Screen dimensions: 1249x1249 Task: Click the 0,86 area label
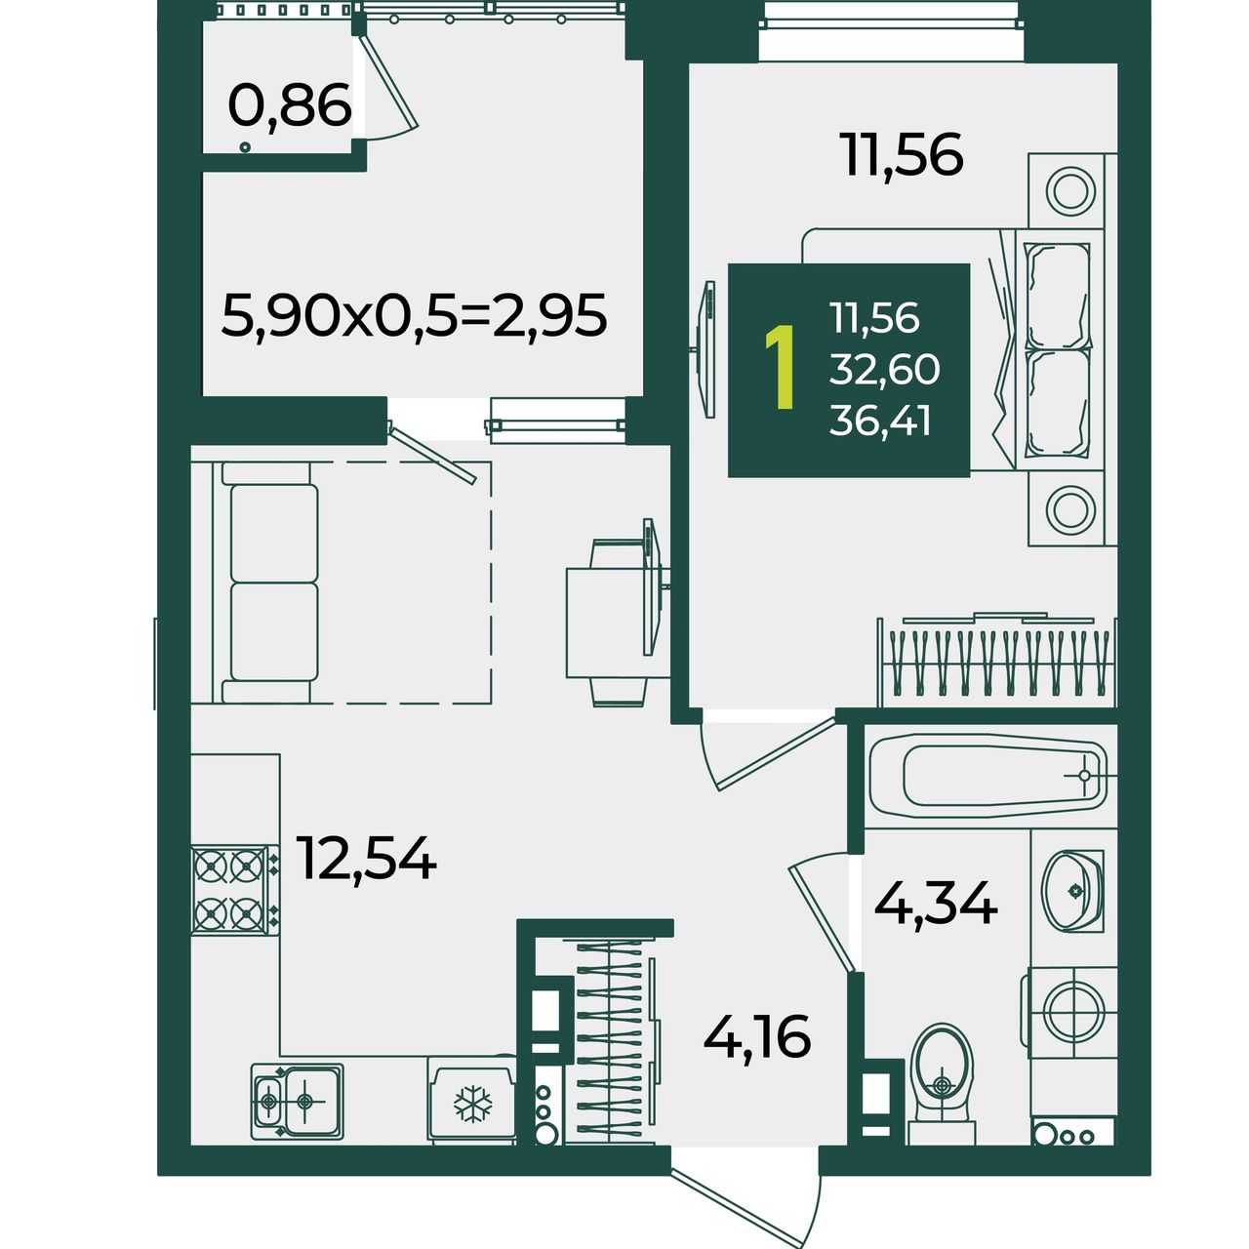[x=290, y=105]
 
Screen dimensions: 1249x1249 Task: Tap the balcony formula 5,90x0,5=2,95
[x=414, y=315]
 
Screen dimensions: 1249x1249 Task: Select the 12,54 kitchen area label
[x=366, y=858]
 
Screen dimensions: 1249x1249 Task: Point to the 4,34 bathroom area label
[x=936, y=903]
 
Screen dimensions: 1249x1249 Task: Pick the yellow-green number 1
[x=781, y=368]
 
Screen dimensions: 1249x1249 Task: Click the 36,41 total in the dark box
[x=879, y=422]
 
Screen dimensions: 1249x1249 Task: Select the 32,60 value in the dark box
[x=884, y=370]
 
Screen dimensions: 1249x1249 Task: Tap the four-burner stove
[x=235, y=889]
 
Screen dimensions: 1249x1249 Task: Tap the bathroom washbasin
[x=1072, y=891]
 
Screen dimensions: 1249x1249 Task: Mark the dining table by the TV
[x=616, y=623]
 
